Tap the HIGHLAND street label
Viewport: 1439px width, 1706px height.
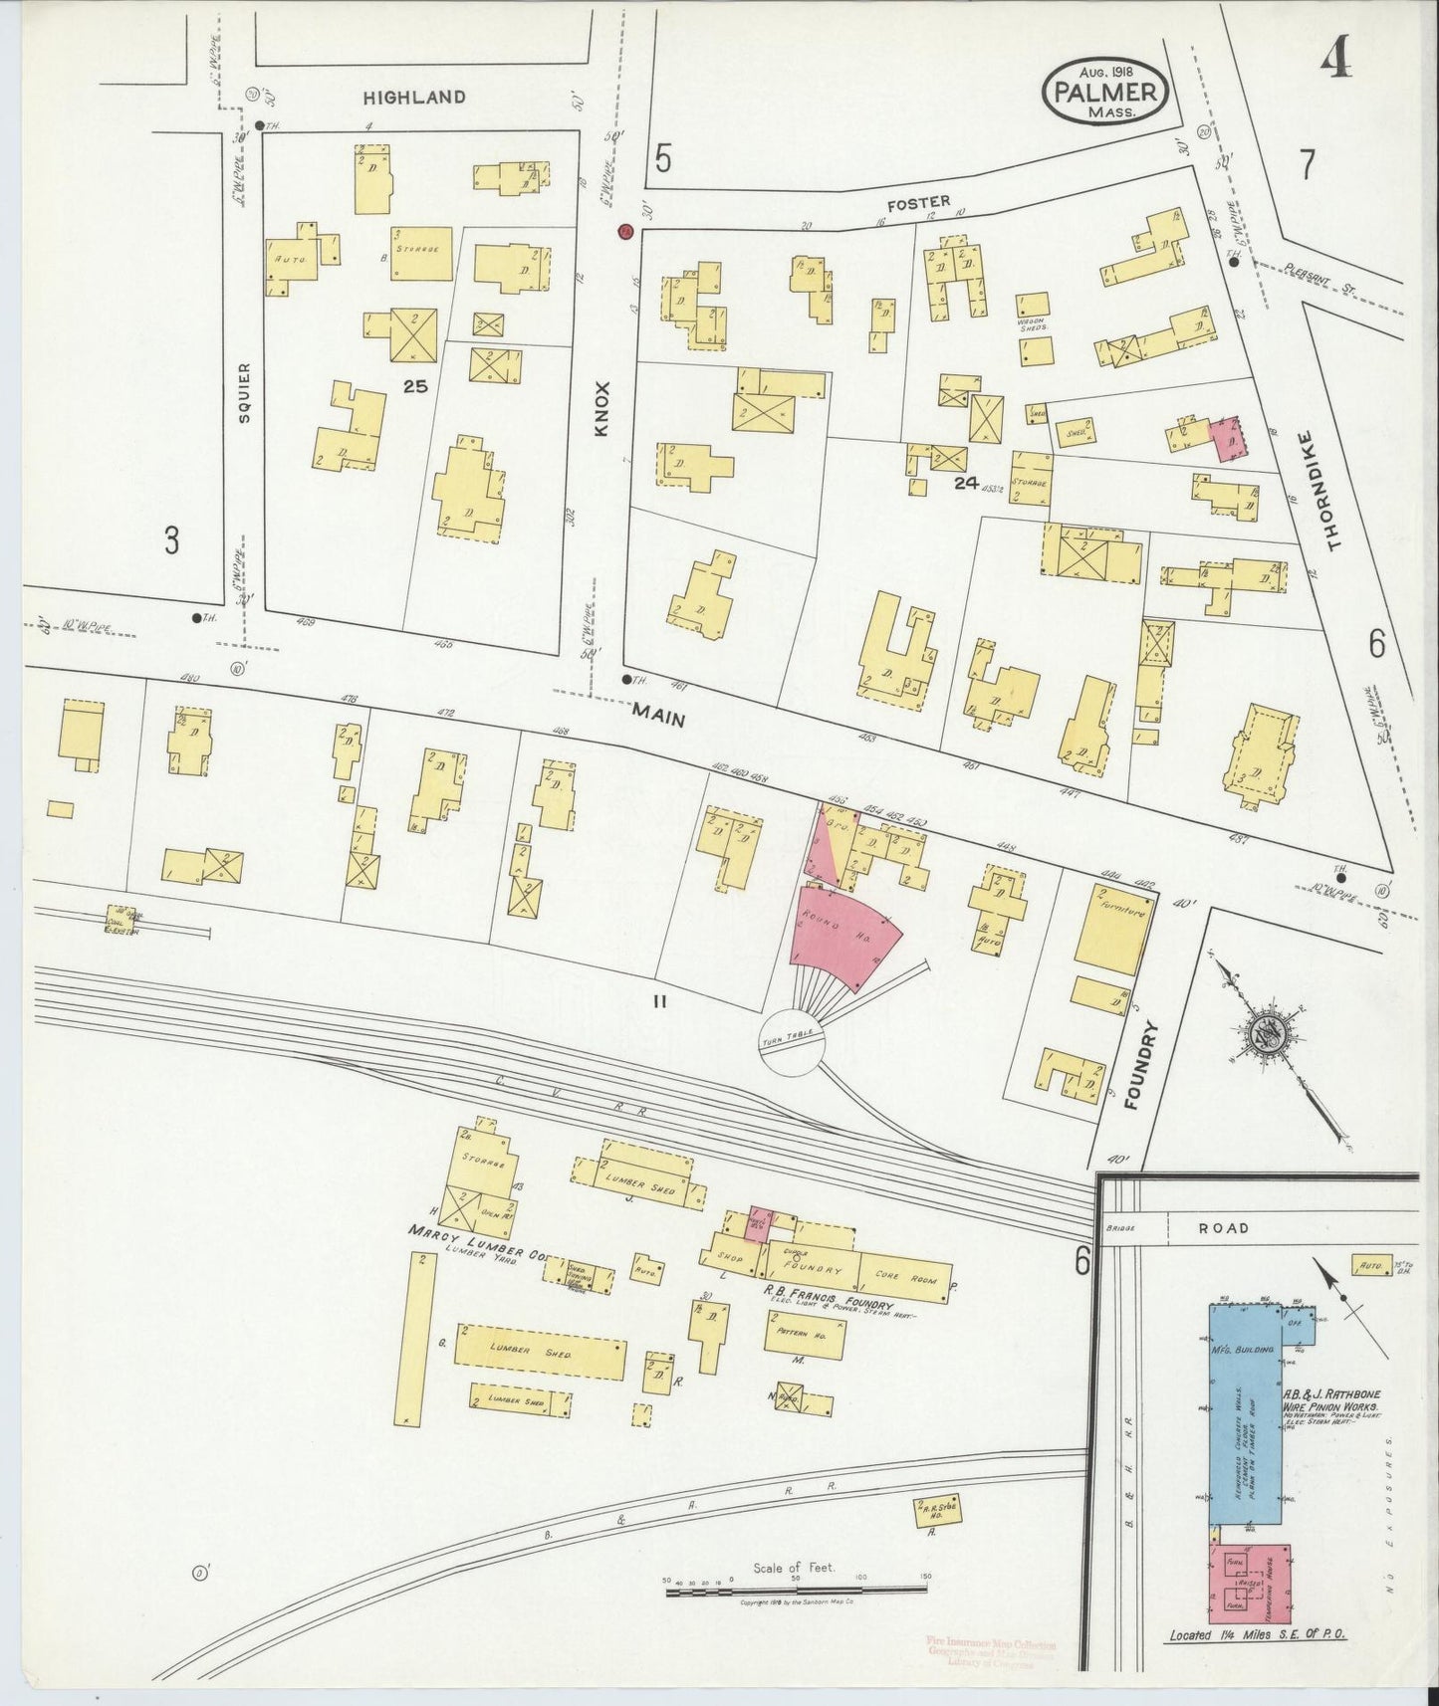tap(413, 97)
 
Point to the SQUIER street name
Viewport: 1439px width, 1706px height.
tap(245, 393)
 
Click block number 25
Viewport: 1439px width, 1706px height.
tap(415, 385)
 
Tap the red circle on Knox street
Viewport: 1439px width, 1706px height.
tap(624, 232)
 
